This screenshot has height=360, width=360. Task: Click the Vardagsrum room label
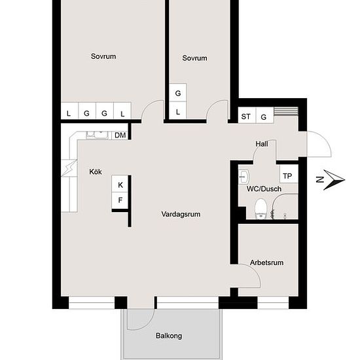pyautogui.click(x=181, y=214)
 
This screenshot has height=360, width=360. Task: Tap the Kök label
pyautogui.click(x=96, y=171)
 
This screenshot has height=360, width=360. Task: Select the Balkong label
pyautogui.click(x=169, y=336)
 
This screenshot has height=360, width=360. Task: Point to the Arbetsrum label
pyautogui.click(x=266, y=262)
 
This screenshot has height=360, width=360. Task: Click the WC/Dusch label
pyautogui.click(x=264, y=189)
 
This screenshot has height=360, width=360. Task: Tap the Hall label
pyautogui.click(x=262, y=144)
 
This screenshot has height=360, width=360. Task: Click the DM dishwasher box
pyautogui.click(x=120, y=135)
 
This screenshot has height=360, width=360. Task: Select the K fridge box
pyautogui.click(x=120, y=184)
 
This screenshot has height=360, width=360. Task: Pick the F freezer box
pyautogui.click(x=120, y=200)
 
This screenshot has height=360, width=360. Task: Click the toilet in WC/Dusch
pyautogui.click(x=261, y=209)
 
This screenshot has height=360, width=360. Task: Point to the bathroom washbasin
pyautogui.click(x=244, y=177)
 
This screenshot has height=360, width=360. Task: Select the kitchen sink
pyautogui.click(x=97, y=135)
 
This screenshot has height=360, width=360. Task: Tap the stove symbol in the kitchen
pyautogui.click(x=69, y=168)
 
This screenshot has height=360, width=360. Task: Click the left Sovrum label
pyautogui.click(x=103, y=56)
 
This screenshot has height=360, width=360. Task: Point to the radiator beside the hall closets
pyautogui.click(x=286, y=111)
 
